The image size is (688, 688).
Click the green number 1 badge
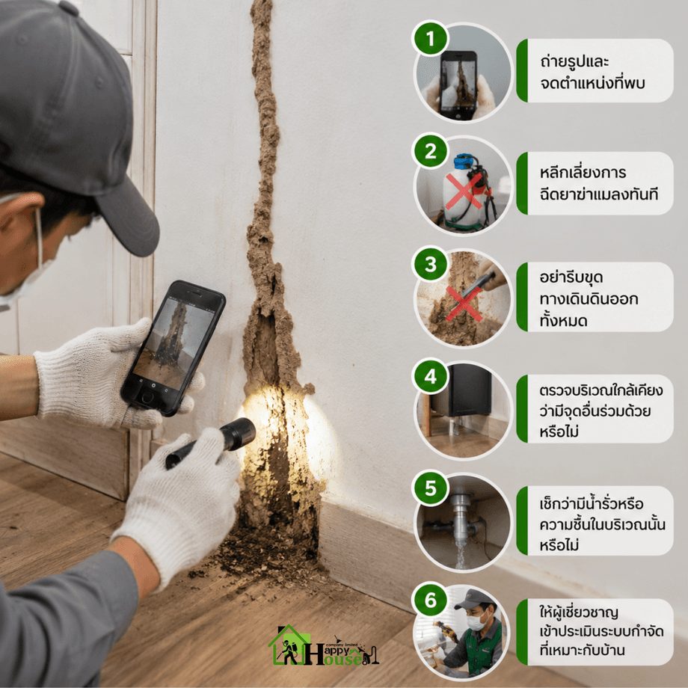(431, 38)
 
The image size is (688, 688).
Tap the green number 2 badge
(431, 151)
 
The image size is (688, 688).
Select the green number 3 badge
(431, 264)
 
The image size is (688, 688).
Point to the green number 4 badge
(431, 376)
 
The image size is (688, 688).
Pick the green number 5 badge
(431, 488)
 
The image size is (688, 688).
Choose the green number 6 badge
(431, 600)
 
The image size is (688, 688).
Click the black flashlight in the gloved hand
(212, 443)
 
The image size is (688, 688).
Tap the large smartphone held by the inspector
(173, 348)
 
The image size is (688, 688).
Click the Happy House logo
(323, 645)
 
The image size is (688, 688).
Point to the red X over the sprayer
(464, 191)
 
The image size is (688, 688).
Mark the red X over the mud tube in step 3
(464, 303)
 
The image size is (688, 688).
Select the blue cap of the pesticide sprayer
(465, 162)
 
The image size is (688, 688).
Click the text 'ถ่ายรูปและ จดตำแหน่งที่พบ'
(592, 72)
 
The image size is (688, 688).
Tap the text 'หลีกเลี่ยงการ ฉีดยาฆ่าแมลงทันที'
(599, 183)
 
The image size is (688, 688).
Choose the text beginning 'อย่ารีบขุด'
(589, 299)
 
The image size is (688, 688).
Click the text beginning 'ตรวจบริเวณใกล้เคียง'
(601, 411)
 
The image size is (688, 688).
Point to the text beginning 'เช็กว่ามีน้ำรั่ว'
(603, 524)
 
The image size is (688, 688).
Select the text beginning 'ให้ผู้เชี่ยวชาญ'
(601, 631)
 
